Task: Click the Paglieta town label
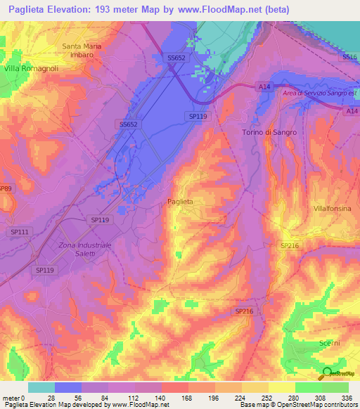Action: click(x=181, y=202)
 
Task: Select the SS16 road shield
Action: click(x=349, y=56)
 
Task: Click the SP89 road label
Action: click(x=6, y=188)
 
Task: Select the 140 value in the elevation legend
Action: click(x=161, y=397)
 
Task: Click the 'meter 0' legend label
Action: click(x=14, y=397)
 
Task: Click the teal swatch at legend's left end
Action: click(x=41, y=387)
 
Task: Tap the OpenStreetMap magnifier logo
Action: click(x=327, y=374)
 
